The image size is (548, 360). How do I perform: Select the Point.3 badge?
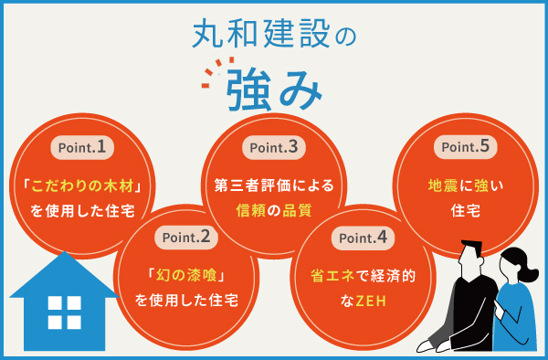click(273, 146)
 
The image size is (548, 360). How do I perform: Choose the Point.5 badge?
click(465, 146)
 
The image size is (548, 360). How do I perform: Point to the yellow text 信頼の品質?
click(273, 209)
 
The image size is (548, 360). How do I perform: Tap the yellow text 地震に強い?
click(465, 185)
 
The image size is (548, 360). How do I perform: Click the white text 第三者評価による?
click(273, 185)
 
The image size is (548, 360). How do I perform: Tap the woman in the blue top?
click(516, 302)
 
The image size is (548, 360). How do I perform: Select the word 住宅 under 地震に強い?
click(465, 209)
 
